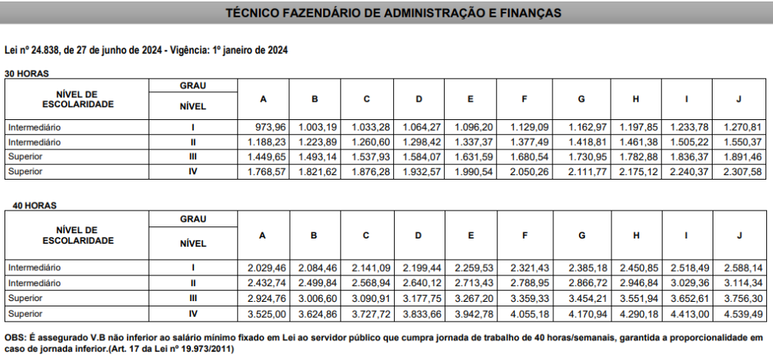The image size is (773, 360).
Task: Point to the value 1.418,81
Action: [581, 143]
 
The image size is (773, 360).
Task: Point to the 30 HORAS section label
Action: [26, 73]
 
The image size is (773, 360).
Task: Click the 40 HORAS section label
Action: [26, 205]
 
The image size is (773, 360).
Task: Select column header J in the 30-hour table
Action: [739, 100]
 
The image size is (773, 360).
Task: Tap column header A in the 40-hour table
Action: [263, 235]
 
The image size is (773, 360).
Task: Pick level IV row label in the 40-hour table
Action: [193, 313]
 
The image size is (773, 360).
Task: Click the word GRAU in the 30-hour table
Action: [192, 85]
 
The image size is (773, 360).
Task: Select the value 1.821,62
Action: [314, 172]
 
